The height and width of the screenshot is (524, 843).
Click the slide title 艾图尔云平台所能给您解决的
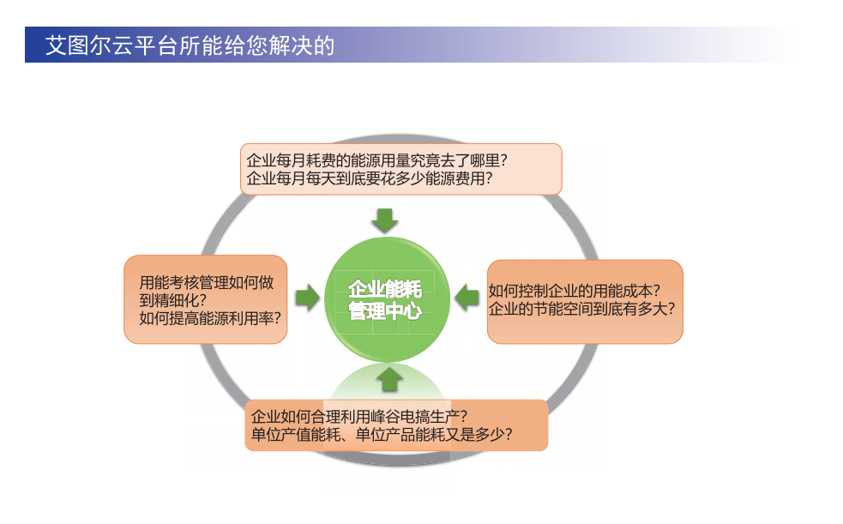click(190, 45)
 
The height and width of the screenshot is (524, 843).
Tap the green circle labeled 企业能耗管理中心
click(387, 299)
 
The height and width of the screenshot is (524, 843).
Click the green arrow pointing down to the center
click(385, 220)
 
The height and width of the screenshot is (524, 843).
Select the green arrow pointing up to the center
click(390, 379)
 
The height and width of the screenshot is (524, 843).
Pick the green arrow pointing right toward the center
click(308, 298)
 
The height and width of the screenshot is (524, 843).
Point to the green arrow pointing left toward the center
click(467, 298)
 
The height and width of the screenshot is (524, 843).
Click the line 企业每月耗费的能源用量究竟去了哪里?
click(376, 160)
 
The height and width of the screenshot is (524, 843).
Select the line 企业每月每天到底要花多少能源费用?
click(370, 178)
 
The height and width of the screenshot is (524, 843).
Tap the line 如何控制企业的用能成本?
click(575, 291)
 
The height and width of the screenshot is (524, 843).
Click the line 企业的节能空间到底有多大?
click(581, 309)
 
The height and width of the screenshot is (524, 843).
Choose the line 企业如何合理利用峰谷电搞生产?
click(359, 416)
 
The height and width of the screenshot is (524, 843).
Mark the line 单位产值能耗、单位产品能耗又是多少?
click(382, 434)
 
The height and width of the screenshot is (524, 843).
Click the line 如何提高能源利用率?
click(210, 318)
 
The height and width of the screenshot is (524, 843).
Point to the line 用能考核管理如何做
click(207, 282)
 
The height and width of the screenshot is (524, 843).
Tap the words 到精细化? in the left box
click(173, 300)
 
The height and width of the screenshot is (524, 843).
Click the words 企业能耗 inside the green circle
click(385, 289)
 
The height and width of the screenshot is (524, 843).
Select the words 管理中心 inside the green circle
click(385, 310)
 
